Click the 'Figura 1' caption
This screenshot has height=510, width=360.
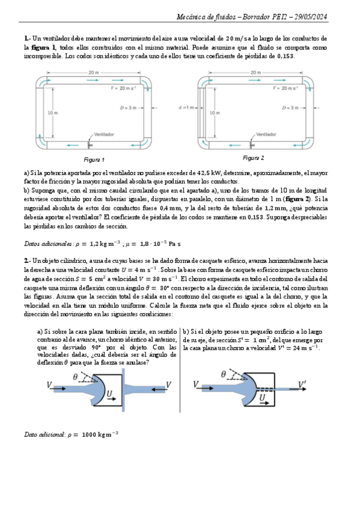coord(94,160)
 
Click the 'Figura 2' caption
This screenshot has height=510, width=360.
coord(253,158)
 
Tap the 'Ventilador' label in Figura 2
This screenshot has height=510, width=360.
coord(265,134)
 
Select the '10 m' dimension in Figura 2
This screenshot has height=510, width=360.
coord(213,112)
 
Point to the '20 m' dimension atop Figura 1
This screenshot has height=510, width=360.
coord(94,72)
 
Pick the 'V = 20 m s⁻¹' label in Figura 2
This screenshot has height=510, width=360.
coord(287,88)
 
